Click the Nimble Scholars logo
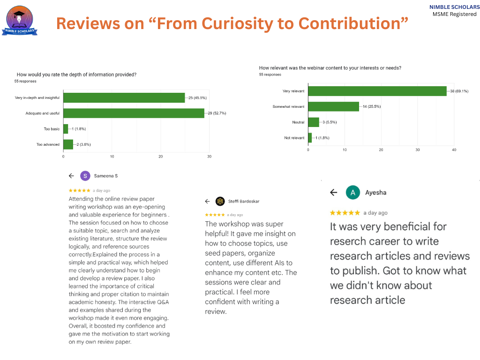tap(20, 22)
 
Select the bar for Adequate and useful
tap(134, 113)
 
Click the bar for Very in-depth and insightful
tap(124, 97)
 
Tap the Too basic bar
tap(66, 128)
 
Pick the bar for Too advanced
tap(68, 144)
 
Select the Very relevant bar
tap(377, 91)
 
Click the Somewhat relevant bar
tap(333, 106)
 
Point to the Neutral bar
tap(313, 122)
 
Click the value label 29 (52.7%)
tap(217, 113)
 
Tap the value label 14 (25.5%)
tap(371, 106)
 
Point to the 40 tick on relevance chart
tap(454, 150)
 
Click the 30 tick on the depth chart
tap(209, 156)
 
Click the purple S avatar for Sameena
tap(85, 176)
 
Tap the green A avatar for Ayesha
tap(352, 192)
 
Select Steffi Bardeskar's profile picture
tap(220, 201)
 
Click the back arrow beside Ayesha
tap(333, 192)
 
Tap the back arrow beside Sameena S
tap(71, 176)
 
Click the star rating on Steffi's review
tap(215, 215)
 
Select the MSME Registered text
tap(454, 14)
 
